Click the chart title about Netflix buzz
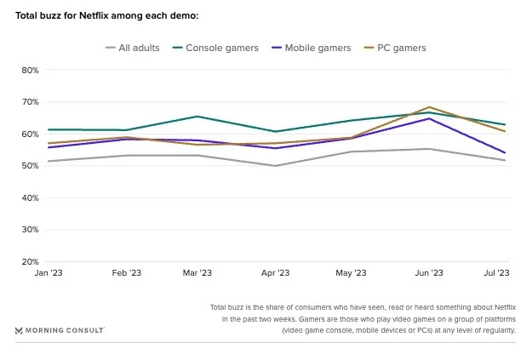tap(107, 16)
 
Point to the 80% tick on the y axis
tap(30, 70)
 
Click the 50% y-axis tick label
tap(30, 166)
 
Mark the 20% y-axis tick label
tap(30, 262)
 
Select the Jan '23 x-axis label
tap(49, 273)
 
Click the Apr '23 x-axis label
tap(274, 273)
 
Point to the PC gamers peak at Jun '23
tap(429, 107)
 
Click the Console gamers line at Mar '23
tap(197, 117)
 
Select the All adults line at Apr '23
tap(274, 166)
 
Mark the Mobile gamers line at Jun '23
tap(429, 118)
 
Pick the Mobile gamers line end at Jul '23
tap(505, 153)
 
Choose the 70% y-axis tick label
tap(30, 102)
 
